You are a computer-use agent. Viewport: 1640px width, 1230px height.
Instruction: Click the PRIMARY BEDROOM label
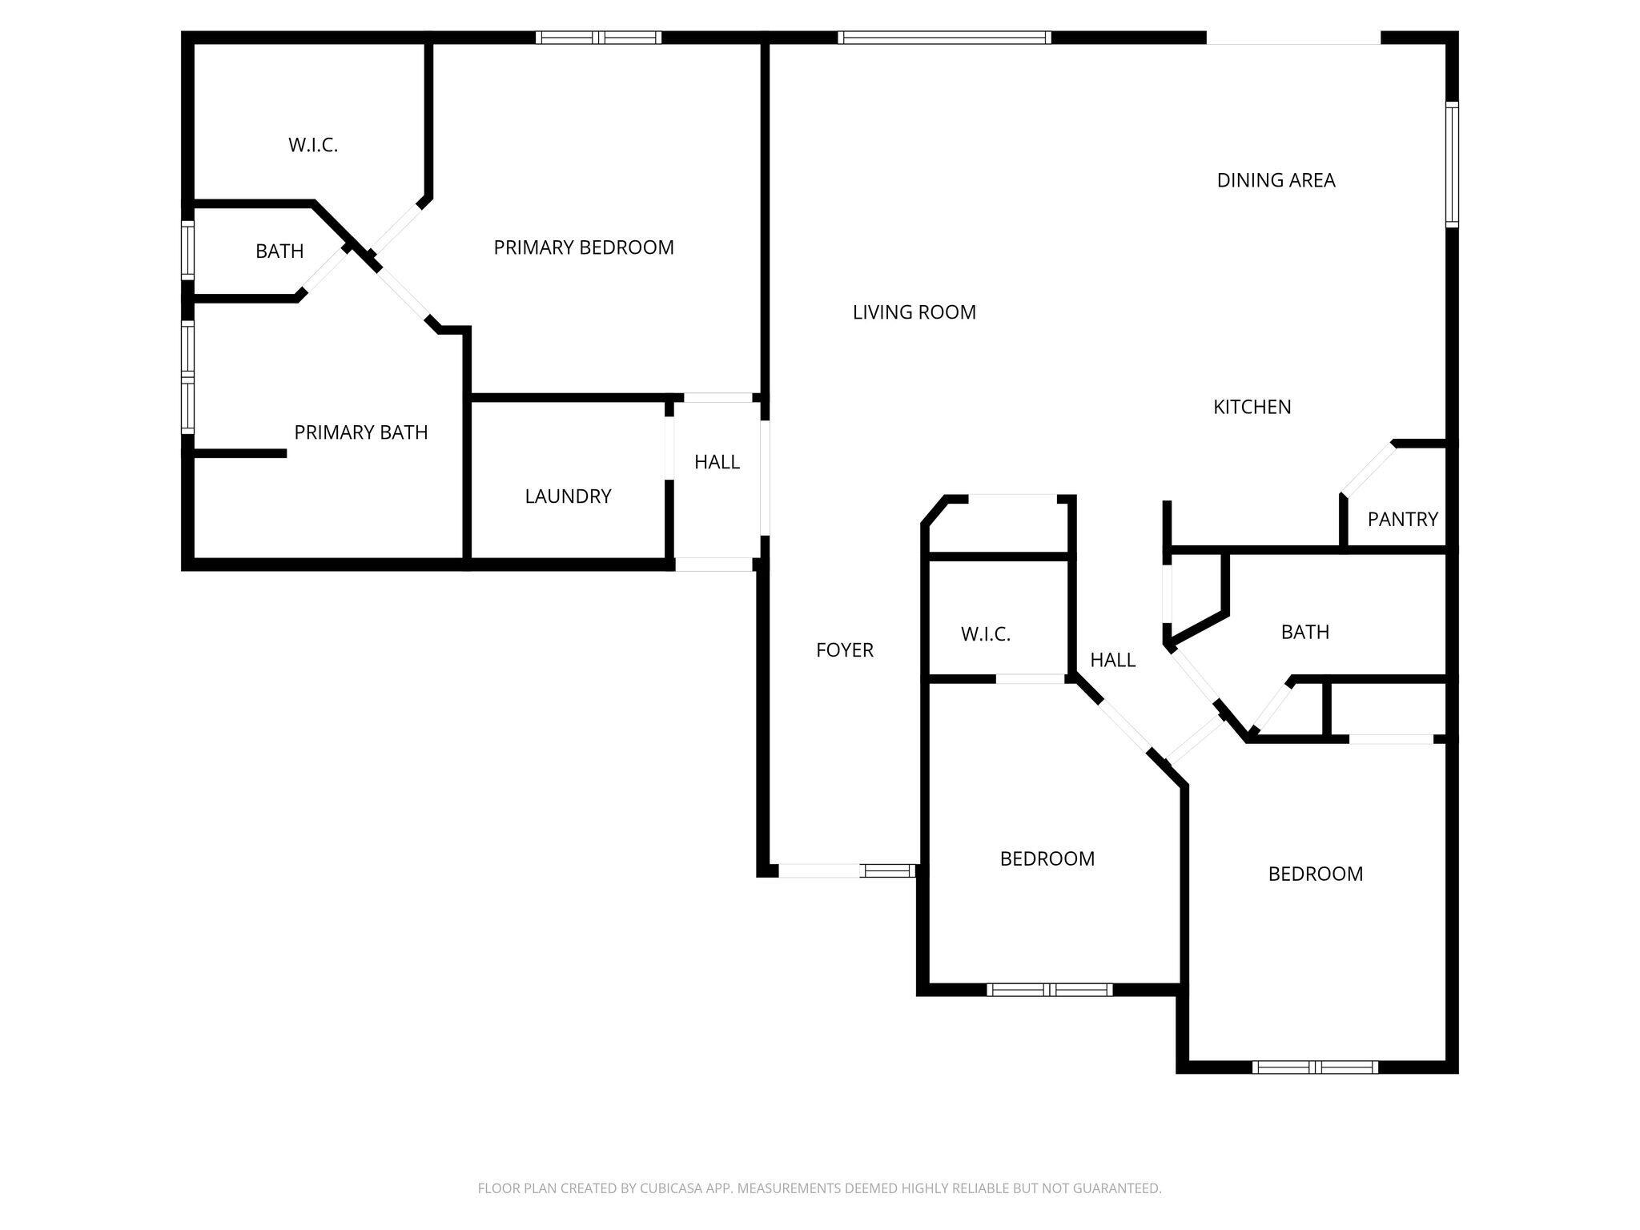point(583,247)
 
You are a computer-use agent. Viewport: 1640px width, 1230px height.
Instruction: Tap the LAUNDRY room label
point(568,496)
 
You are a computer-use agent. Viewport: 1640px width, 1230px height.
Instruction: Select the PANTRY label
point(1402,520)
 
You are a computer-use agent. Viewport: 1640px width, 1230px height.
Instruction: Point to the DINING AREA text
point(1276,180)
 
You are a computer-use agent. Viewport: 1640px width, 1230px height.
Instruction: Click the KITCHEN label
point(1252,407)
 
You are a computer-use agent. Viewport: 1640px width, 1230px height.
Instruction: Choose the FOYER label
point(844,650)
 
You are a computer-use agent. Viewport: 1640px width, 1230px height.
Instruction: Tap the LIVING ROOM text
point(914,312)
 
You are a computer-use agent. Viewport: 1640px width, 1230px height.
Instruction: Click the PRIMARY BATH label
point(360,432)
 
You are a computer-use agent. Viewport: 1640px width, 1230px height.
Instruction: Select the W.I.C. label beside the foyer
point(985,635)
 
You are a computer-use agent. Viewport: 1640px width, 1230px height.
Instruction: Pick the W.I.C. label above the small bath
point(312,145)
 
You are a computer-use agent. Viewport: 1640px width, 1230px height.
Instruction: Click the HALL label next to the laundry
point(717,462)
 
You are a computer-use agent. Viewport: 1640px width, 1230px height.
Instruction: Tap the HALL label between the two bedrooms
point(1112,660)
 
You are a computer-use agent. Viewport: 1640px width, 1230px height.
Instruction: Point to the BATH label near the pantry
point(1304,632)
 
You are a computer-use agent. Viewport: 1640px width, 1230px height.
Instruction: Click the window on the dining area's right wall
point(1451,164)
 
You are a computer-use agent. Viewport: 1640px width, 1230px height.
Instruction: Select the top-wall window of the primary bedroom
point(598,37)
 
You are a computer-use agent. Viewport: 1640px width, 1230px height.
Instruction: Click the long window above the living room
point(944,37)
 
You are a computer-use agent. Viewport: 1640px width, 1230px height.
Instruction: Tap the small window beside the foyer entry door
point(887,870)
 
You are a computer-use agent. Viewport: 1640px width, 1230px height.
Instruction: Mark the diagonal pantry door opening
point(1368,470)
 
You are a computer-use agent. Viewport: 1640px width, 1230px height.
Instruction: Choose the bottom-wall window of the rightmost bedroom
point(1315,1067)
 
